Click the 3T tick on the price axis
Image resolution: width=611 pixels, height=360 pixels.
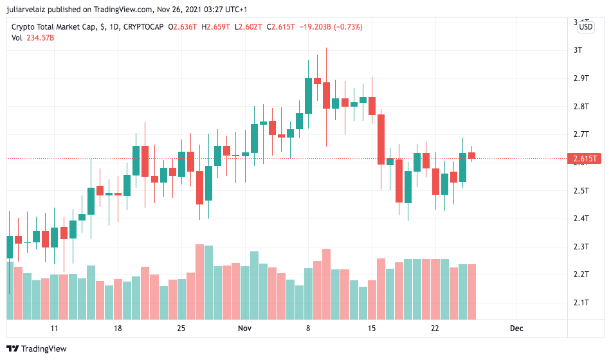[x=578, y=50]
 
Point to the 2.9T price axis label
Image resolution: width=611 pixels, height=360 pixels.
[x=581, y=78]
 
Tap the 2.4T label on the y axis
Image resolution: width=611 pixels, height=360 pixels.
[x=581, y=219]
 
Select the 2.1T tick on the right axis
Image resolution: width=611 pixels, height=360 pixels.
[x=581, y=303]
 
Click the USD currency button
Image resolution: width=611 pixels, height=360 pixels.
[x=586, y=27]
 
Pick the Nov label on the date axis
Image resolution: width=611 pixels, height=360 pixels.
[x=244, y=328]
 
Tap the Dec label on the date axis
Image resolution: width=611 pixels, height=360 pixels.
[x=516, y=328]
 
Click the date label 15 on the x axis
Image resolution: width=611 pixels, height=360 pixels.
[x=371, y=328]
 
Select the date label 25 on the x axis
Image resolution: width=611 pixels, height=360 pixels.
[x=181, y=328]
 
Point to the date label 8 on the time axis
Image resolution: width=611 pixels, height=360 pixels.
[x=308, y=328]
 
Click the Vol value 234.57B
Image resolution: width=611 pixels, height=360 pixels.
[x=40, y=38]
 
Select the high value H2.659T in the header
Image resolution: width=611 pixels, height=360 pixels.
[x=217, y=27]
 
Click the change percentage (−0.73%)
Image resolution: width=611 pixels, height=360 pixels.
[x=346, y=27]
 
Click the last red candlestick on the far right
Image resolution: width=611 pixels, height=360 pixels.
[x=471, y=155]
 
